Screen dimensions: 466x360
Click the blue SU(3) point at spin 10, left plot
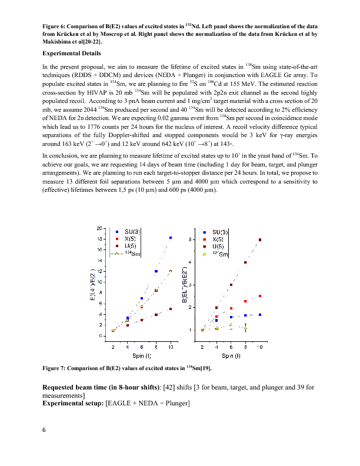click(171, 238)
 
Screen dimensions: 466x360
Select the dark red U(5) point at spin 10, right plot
click(260, 240)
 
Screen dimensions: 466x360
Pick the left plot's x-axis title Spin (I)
click(141, 357)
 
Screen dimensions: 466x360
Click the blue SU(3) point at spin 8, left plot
click(156, 271)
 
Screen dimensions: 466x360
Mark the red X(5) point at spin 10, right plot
click(260, 296)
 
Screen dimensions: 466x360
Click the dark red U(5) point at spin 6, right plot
click(231, 285)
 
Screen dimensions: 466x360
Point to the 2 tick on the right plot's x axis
click(202, 348)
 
